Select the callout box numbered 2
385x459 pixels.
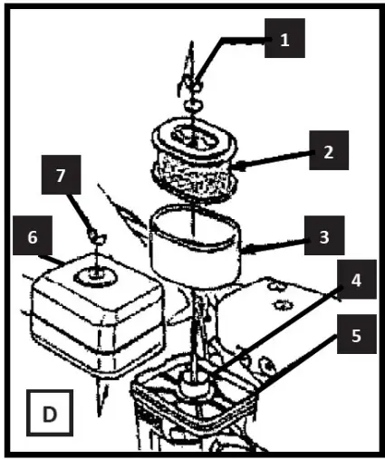click(326, 152)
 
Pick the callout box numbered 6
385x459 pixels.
click(34, 238)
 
